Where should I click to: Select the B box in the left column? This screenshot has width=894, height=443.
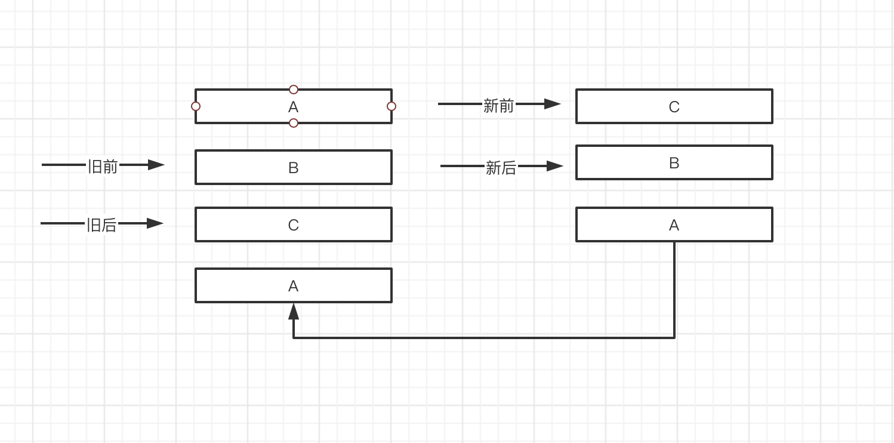click(293, 167)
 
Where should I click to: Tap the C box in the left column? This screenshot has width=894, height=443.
click(293, 224)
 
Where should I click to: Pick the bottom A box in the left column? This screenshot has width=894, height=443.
click(293, 285)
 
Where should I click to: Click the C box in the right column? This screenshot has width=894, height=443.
click(674, 106)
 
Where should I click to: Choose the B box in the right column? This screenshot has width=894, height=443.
click(674, 162)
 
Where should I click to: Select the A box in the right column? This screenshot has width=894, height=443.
click(674, 224)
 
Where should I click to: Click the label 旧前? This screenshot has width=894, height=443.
click(103, 167)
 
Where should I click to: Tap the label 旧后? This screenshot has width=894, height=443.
click(101, 225)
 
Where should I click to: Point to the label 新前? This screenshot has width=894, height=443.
click(498, 106)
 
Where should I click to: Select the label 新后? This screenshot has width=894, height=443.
click(501, 168)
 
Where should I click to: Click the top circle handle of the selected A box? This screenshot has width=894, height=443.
click(294, 90)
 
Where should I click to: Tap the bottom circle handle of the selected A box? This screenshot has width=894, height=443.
click(294, 123)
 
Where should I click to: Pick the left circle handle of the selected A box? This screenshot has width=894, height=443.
click(196, 106)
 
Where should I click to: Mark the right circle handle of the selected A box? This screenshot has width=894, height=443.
click(391, 106)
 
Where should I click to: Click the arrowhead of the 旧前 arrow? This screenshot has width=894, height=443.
click(156, 165)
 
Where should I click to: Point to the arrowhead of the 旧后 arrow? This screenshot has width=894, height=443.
click(155, 223)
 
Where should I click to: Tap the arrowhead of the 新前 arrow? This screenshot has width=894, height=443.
click(553, 104)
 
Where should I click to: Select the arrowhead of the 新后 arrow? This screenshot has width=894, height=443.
click(555, 166)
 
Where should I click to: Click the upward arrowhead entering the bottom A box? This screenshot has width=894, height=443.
click(294, 311)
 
